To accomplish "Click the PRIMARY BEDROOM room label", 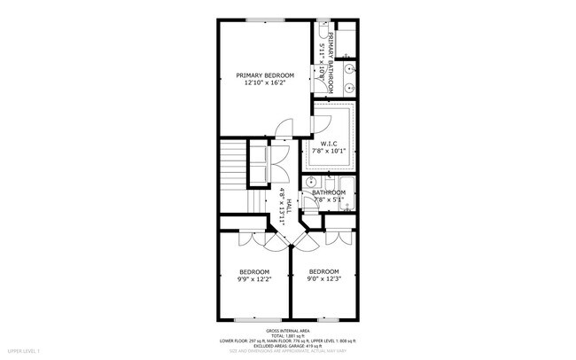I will pos(264,75).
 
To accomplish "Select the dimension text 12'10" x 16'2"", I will pos(264,84).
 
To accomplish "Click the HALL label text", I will pos(289,206).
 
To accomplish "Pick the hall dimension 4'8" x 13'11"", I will pos(281,207).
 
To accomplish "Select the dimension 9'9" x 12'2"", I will pos(254,279).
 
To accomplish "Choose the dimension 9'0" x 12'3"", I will pos(323,279).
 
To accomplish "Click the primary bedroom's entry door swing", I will pos(283,129).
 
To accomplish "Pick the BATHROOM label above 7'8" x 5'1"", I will pos(328,192).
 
